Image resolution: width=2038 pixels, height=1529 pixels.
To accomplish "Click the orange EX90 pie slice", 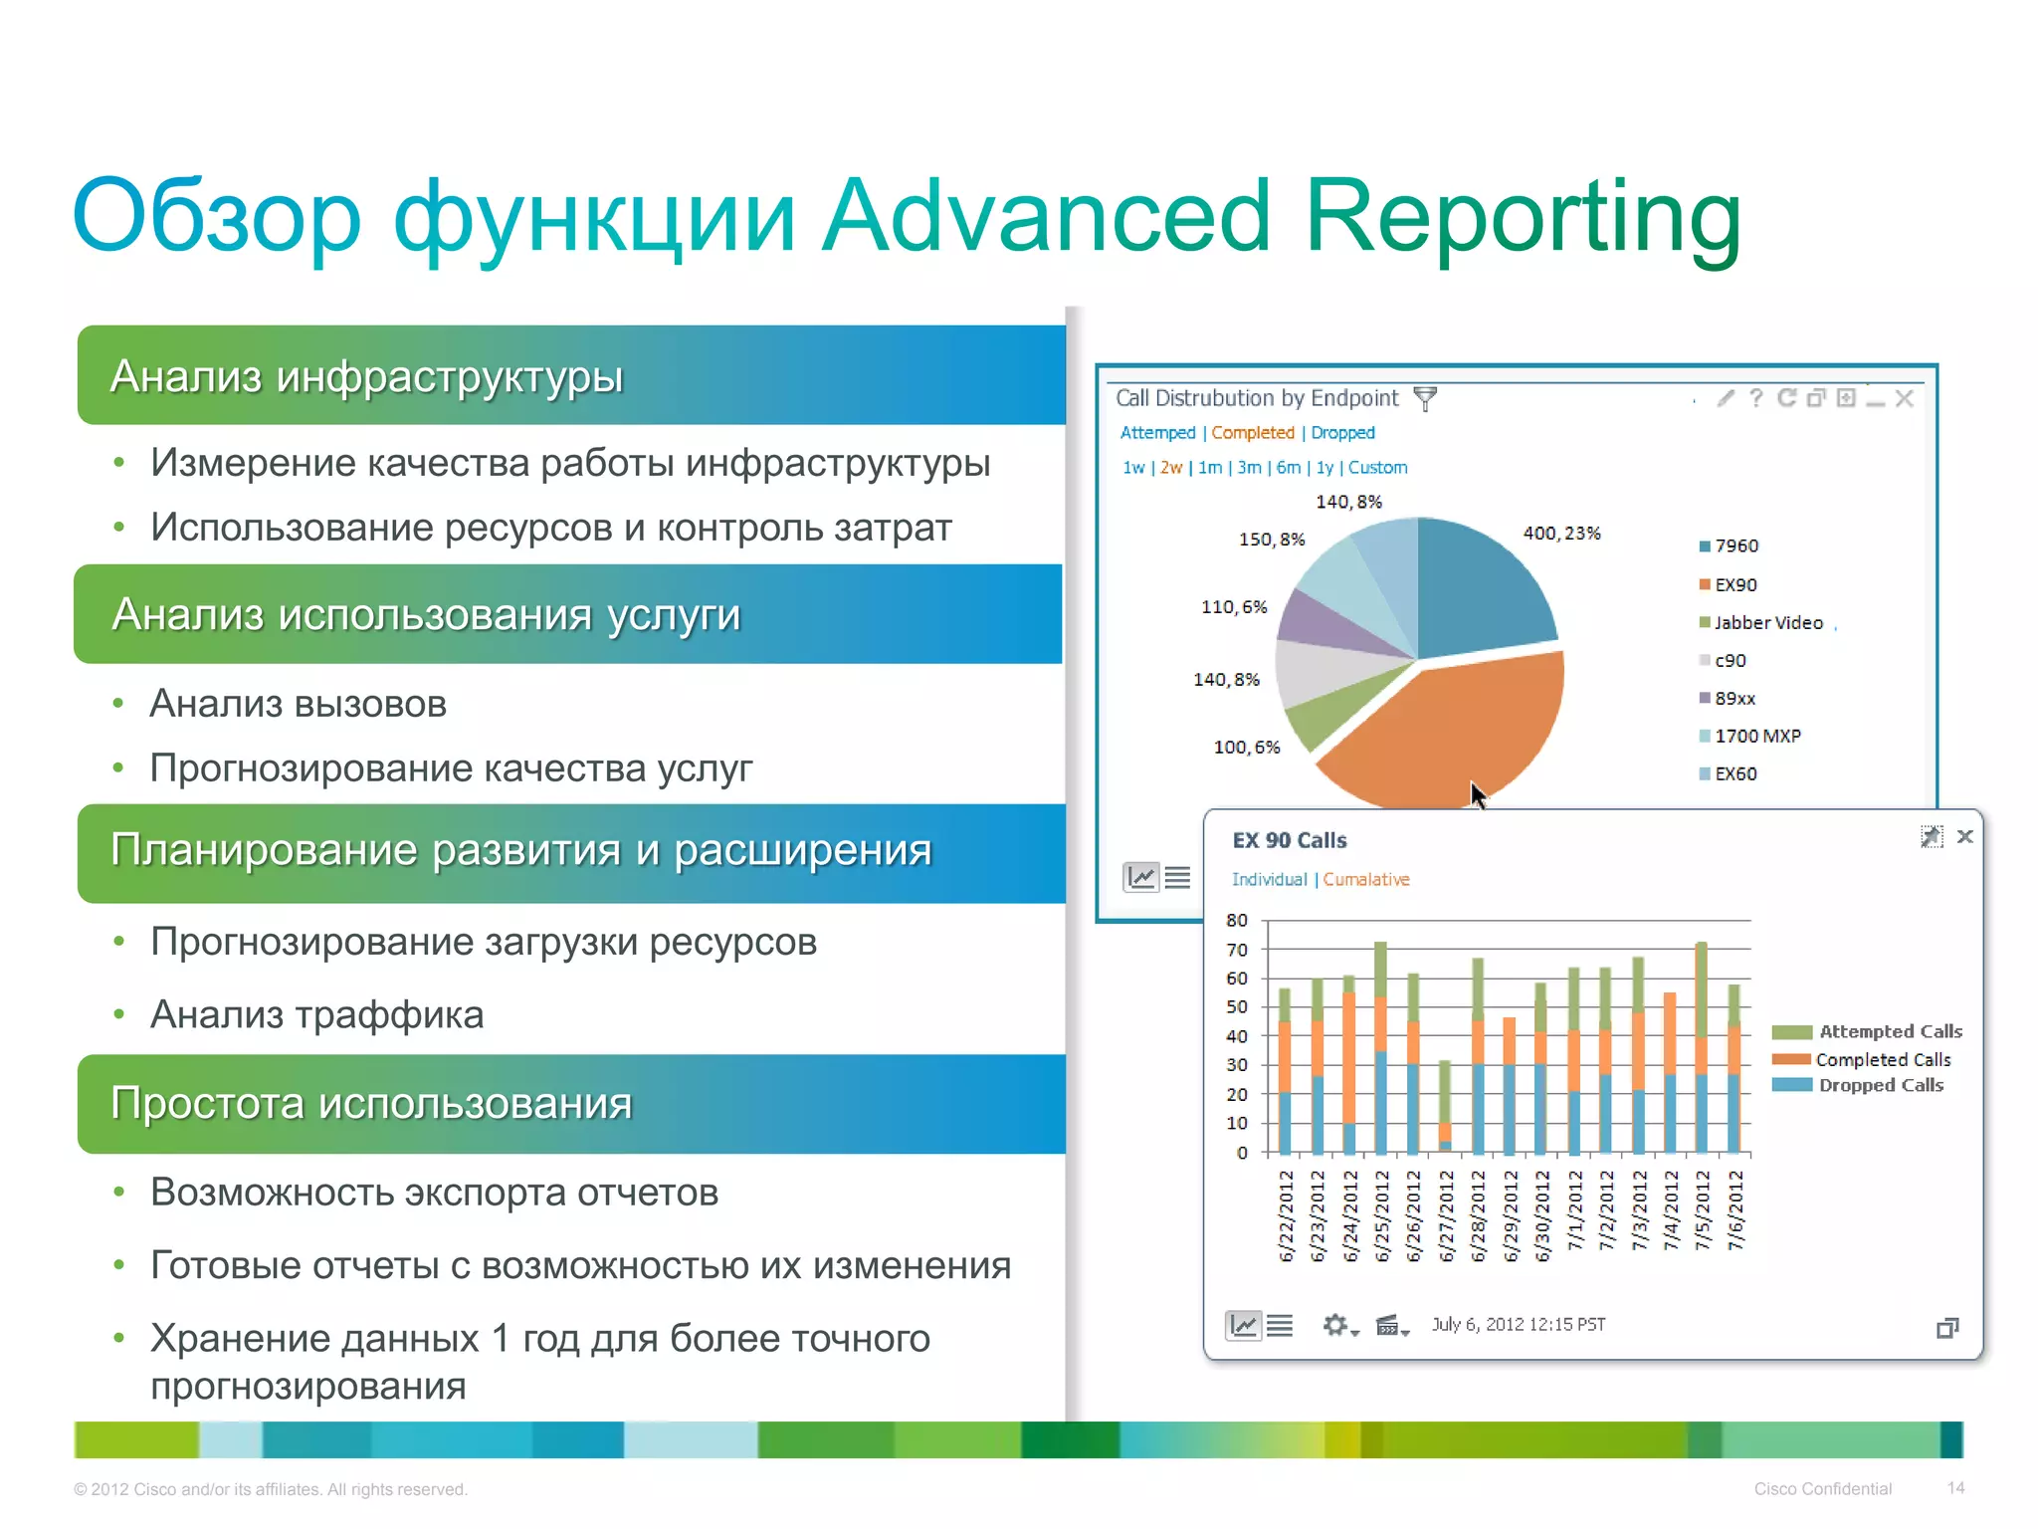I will [1453, 727].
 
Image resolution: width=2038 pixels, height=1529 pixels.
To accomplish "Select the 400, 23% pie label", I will [1560, 534].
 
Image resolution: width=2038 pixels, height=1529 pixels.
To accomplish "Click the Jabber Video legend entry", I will [1767, 623].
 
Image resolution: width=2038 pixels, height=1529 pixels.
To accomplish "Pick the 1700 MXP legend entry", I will [1756, 737].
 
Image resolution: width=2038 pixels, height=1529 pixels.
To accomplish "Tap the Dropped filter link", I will [1342, 433].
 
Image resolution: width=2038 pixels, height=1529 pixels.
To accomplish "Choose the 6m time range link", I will [1288, 468].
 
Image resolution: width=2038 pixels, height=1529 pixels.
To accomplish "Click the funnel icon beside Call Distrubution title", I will [1425, 399].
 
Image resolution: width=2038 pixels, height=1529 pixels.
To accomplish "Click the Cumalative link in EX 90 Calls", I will [1365, 880].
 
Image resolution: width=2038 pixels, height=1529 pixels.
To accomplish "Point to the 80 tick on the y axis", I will [1236, 921].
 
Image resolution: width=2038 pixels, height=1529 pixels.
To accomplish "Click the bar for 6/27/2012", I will [1445, 1105].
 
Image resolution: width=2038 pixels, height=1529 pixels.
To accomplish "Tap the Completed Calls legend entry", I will [1882, 1060].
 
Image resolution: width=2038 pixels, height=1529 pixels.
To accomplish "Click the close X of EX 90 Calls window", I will [1964, 837].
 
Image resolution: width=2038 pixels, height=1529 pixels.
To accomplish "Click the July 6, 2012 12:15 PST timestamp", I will [1518, 1325].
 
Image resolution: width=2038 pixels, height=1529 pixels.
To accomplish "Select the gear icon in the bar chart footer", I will [1335, 1325].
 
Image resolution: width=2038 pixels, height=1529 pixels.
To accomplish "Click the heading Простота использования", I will [371, 1104].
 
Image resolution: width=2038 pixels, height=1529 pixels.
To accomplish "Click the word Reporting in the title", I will [1522, 217].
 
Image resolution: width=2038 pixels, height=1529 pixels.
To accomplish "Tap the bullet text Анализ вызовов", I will [298, 705].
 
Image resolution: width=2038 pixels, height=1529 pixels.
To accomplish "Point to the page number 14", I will [1955, 1488].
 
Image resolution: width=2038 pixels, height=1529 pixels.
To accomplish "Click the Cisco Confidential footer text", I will [1822, 1489].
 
